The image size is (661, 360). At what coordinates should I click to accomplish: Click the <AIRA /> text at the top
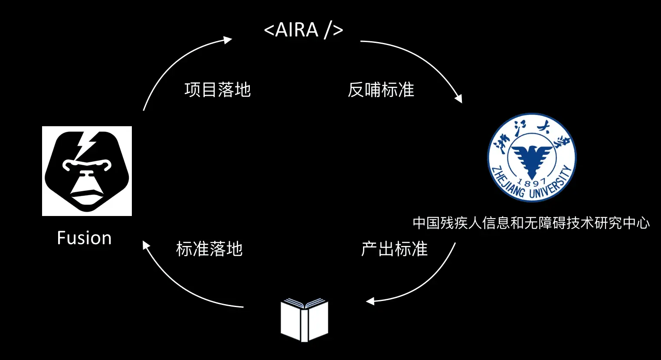304,30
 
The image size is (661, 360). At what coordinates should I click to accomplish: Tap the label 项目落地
217,90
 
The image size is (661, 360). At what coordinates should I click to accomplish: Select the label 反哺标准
381,90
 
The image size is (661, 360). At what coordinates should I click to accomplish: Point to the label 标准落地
209,249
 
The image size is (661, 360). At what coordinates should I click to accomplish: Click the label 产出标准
394,249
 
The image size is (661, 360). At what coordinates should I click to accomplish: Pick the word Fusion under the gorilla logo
85,238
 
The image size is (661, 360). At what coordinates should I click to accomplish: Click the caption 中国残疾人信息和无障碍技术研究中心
531,223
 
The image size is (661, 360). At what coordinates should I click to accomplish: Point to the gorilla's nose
87,176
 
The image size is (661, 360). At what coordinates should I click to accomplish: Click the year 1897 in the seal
532,182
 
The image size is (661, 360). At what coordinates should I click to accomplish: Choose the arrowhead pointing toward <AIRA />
228,40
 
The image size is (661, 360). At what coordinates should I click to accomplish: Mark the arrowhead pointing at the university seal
458,98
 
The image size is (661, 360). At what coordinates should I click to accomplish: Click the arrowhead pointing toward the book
370,301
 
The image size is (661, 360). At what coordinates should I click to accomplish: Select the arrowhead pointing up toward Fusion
146,246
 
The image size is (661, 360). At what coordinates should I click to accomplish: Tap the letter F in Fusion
62,238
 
